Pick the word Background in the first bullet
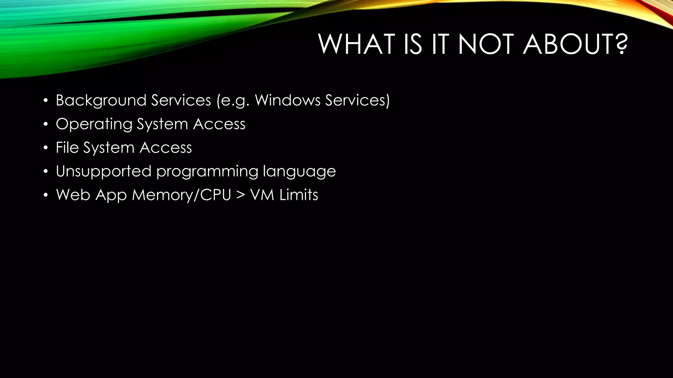pyautogui.click(x=101, y=100)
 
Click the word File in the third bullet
pyautogui.click(x=67, y=148)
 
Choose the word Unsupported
pyautogui.click(x=104, y=171)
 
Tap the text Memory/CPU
pyautogui.click(x=182, y=195)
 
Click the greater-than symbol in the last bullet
pyautogui.click(x=241, y=195)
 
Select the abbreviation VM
pyautogui.click(x=262, y=195)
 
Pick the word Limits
pyautogui.click(x=299, y=195)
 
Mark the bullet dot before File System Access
pyautogui.click(x=46, y=148)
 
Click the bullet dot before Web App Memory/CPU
pyautogui.click(x=46, y=195)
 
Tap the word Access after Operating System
pyautogui.click(x=219, y=124)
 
